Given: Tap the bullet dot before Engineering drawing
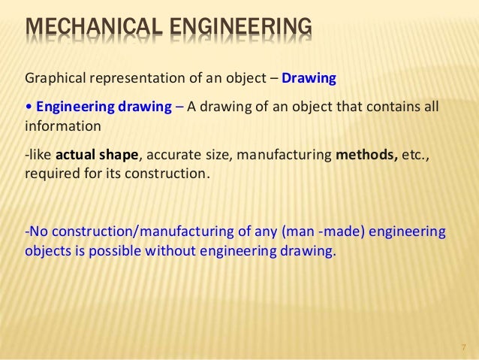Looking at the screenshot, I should point(28,107).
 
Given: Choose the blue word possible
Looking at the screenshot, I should point(136,250).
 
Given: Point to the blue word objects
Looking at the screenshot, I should point(47,250).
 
